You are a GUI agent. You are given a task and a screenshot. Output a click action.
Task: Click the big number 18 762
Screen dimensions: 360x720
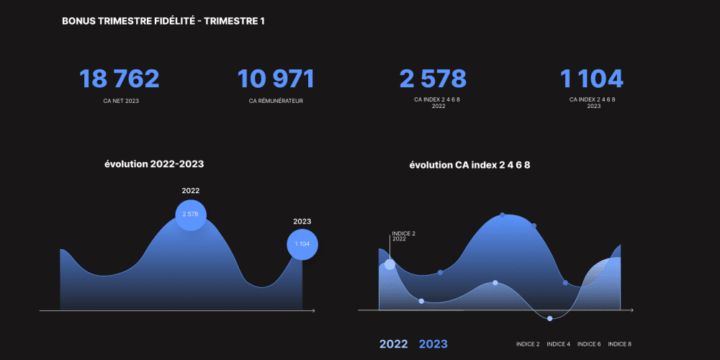click(119, 79)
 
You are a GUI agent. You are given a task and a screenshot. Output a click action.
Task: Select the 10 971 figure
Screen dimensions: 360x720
click(275, 79)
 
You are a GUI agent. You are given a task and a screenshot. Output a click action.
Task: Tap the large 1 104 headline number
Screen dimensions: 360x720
click(591, 79)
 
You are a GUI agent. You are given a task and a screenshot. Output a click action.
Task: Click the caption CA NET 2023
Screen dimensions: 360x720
click(121, 101)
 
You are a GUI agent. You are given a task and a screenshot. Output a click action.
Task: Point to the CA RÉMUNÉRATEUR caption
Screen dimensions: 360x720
click(275, 101)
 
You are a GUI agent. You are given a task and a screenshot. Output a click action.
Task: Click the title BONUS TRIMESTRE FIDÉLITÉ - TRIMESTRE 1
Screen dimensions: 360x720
click(163, 21)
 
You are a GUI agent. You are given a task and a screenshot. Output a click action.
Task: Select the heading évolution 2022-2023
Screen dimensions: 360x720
click(154, 164)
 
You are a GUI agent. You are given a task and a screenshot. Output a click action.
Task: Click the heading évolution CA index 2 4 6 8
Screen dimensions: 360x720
click(469, 165)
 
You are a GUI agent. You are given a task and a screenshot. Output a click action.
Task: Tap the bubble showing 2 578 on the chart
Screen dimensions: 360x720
click(191, 215)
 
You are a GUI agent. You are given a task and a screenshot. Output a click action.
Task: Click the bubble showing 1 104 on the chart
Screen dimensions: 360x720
click(302, 244)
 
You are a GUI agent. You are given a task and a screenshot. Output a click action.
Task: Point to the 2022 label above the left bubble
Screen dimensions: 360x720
click(191, 191)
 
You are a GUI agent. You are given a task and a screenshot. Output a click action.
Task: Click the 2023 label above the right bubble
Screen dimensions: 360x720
click(302, 222)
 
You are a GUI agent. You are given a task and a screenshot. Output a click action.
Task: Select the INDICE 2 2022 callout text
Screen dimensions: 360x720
click(404, 236)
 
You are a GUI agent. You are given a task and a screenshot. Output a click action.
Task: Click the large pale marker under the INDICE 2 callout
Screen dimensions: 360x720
click(390, 264)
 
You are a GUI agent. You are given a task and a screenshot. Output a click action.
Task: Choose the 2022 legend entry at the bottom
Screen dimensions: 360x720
click(393, 344)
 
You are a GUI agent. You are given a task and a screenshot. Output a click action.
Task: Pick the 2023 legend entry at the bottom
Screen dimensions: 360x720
click(433, 344)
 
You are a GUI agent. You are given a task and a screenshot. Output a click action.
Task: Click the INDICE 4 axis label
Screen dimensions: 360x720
click(558, 344)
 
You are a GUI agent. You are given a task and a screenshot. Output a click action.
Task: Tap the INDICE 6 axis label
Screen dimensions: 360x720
click(589, 344)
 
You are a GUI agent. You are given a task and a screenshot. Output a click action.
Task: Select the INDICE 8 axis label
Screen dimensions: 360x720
click(620, 344)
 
